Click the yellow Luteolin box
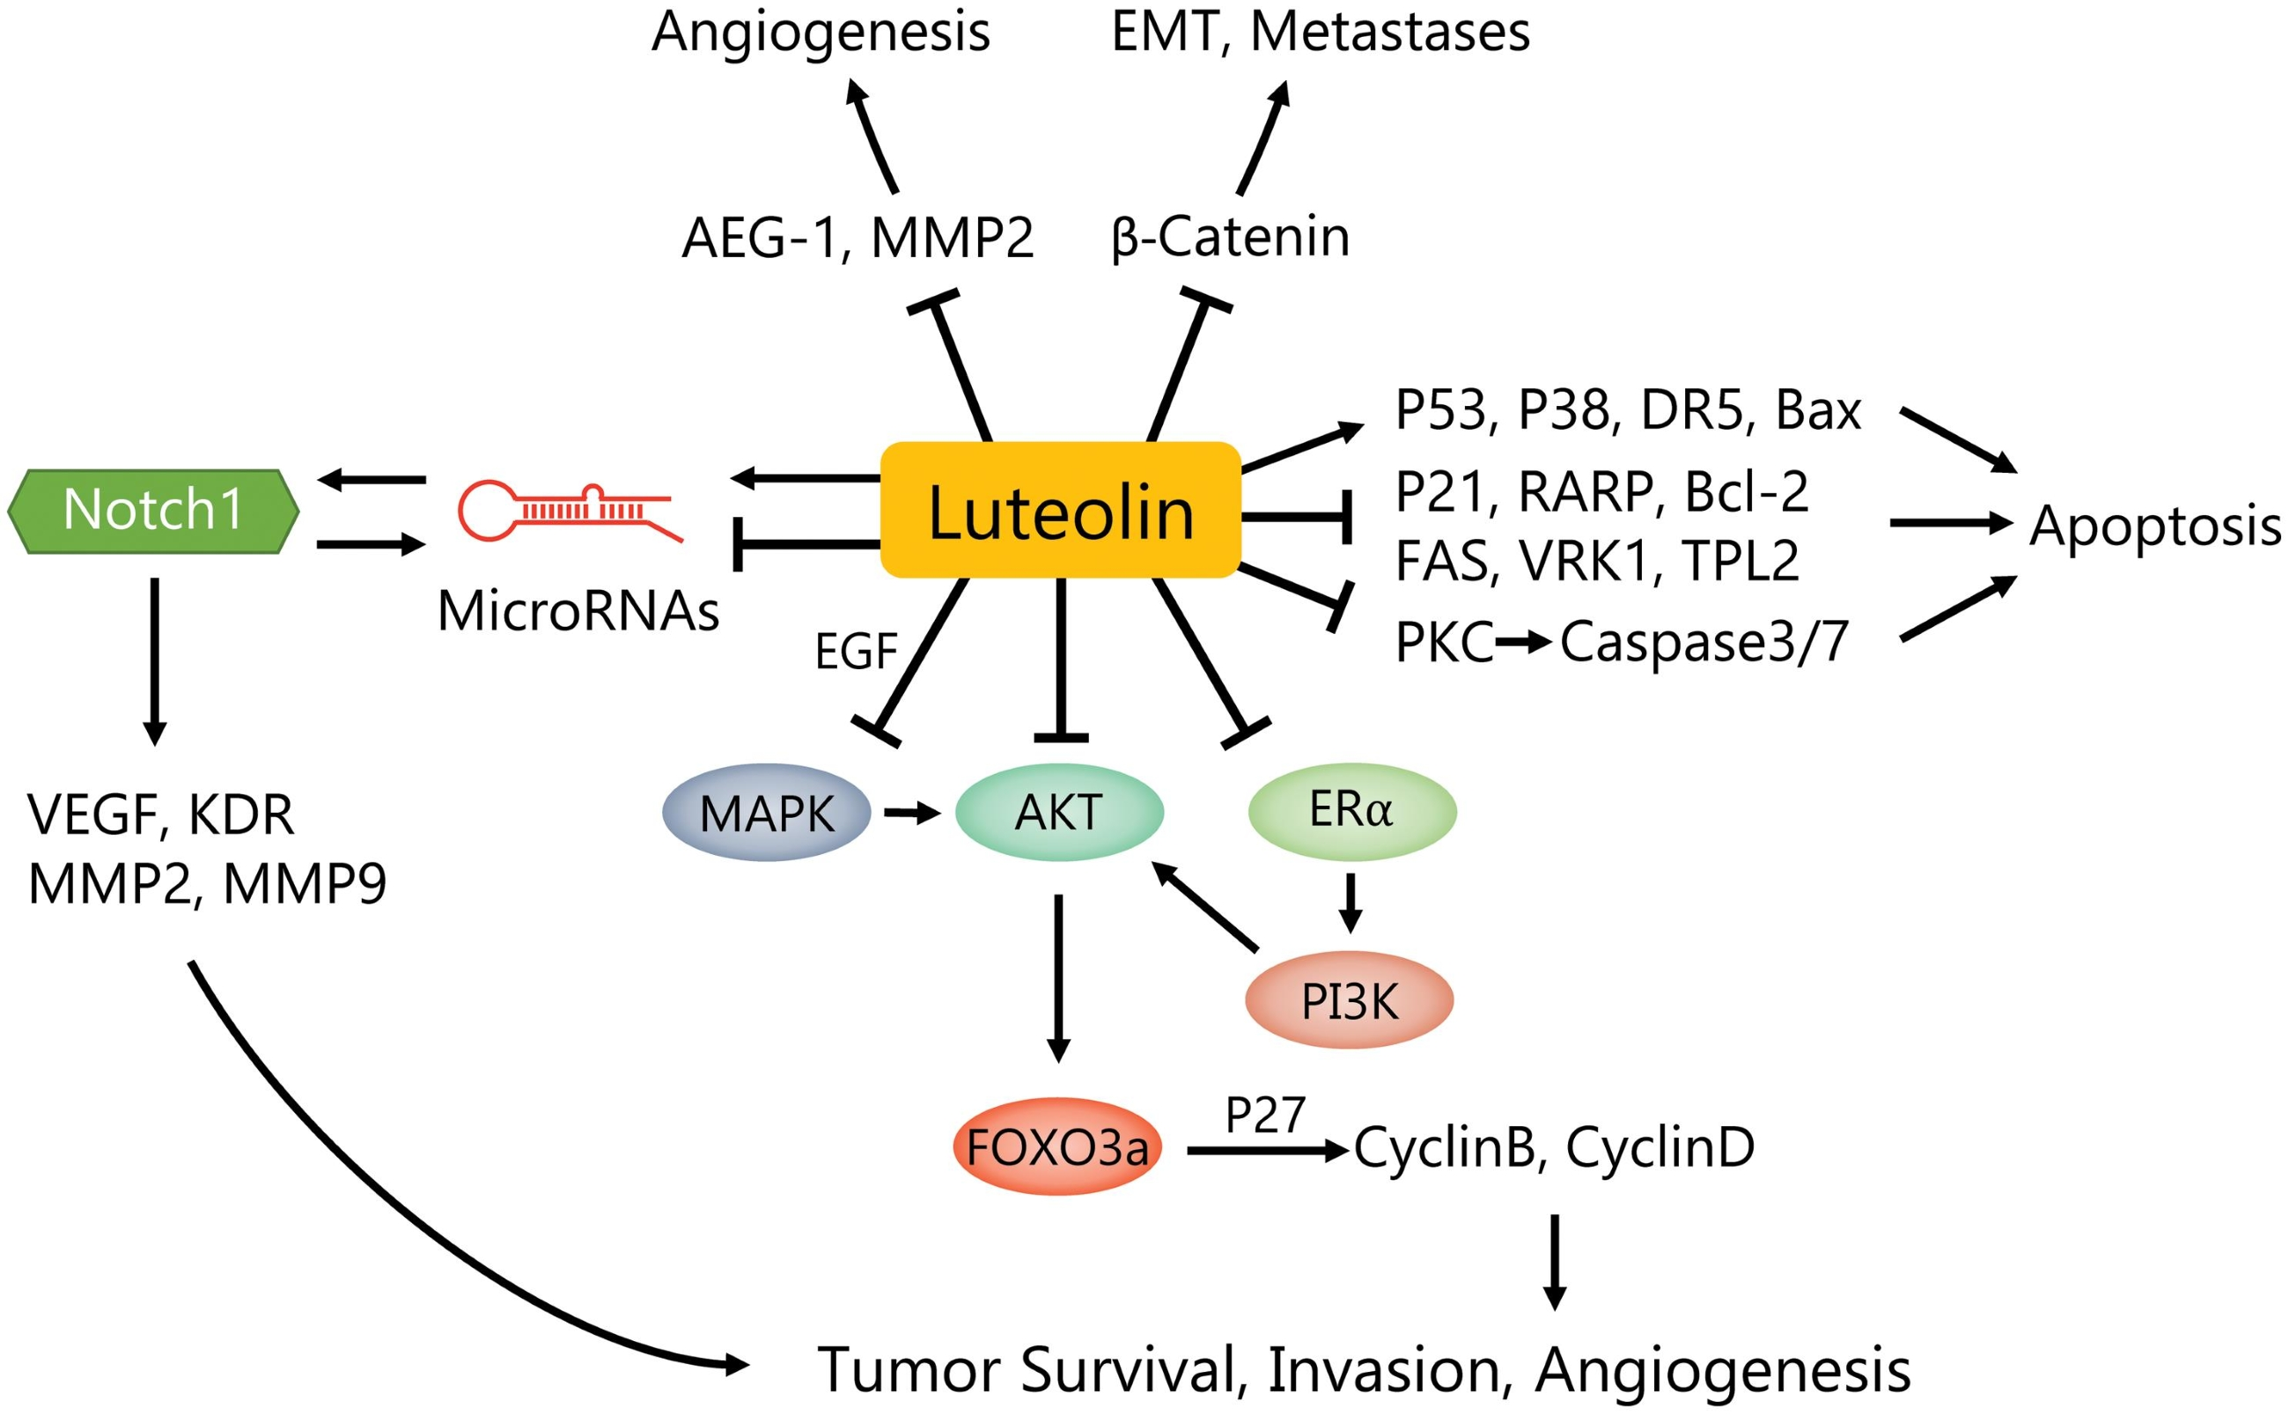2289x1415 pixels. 1060,510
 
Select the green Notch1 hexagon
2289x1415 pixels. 153,510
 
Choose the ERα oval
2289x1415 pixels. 1351,810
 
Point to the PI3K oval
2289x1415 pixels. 1349,1001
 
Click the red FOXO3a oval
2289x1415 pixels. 1057,1147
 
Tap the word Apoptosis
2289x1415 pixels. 2154,526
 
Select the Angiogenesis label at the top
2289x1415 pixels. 821,32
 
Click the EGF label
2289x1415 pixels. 855,652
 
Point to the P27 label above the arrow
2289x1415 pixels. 1265,1115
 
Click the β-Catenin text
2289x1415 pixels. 1230,237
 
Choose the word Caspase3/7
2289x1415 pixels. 1704,642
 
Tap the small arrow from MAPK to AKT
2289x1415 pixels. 912,814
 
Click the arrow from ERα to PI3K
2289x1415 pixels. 1350,903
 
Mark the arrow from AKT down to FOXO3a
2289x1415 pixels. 1058,978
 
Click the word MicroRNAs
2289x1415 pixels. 578,611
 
